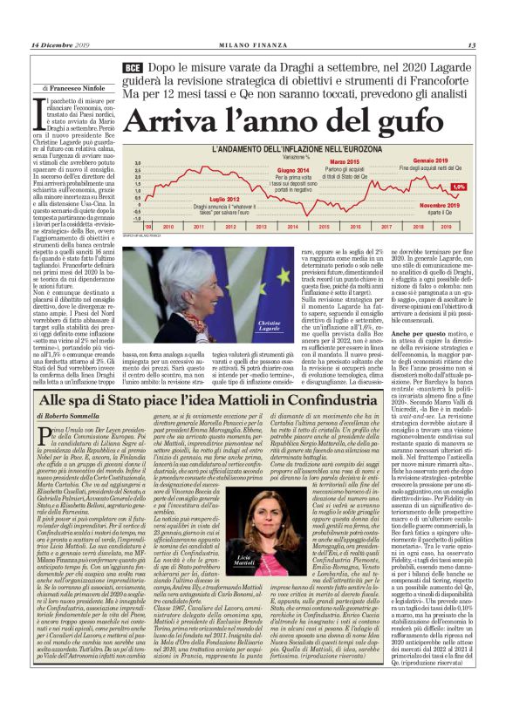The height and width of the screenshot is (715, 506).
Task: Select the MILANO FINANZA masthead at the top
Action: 252,44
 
